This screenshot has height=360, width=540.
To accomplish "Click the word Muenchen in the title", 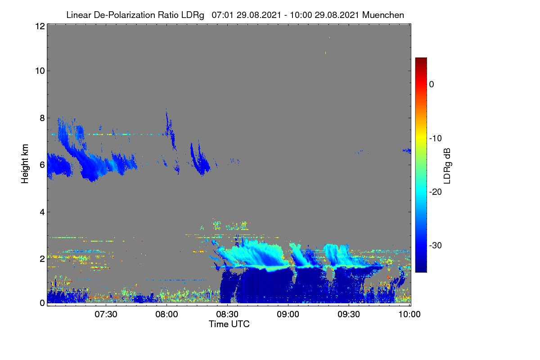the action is [383, 15].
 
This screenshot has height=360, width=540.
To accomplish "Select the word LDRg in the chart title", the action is [193, 15].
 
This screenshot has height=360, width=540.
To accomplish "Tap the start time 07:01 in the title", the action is [222, 15].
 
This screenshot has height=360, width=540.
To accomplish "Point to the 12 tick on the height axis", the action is [40, 26].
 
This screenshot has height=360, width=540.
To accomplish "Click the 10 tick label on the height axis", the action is [40, 71].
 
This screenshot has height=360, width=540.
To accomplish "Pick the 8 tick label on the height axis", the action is [42, 118].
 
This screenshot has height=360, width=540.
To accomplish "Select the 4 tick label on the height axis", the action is [42, 212].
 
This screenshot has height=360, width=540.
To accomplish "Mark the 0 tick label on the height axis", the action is [42, 303].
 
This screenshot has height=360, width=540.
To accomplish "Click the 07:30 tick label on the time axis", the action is [106, 314].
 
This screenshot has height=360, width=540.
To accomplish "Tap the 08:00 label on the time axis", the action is [166, 314].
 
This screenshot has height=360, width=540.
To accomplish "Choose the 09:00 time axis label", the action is [288, 314].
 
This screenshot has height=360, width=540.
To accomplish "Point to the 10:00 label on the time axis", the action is [409, 314].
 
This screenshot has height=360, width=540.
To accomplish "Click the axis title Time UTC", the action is [229, 324].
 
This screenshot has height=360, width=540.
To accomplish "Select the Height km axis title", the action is [25, 164].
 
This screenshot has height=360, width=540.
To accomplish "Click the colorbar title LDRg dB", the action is [447, 166].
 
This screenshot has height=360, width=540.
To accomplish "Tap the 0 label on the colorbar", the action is [432, 85].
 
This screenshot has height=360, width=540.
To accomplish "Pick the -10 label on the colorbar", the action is [436, 139].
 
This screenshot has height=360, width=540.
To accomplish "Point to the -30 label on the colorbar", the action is [436, 245].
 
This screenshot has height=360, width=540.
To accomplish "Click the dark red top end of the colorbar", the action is [421, 58].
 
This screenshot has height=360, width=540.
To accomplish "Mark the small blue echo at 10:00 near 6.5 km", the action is [407, 151].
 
